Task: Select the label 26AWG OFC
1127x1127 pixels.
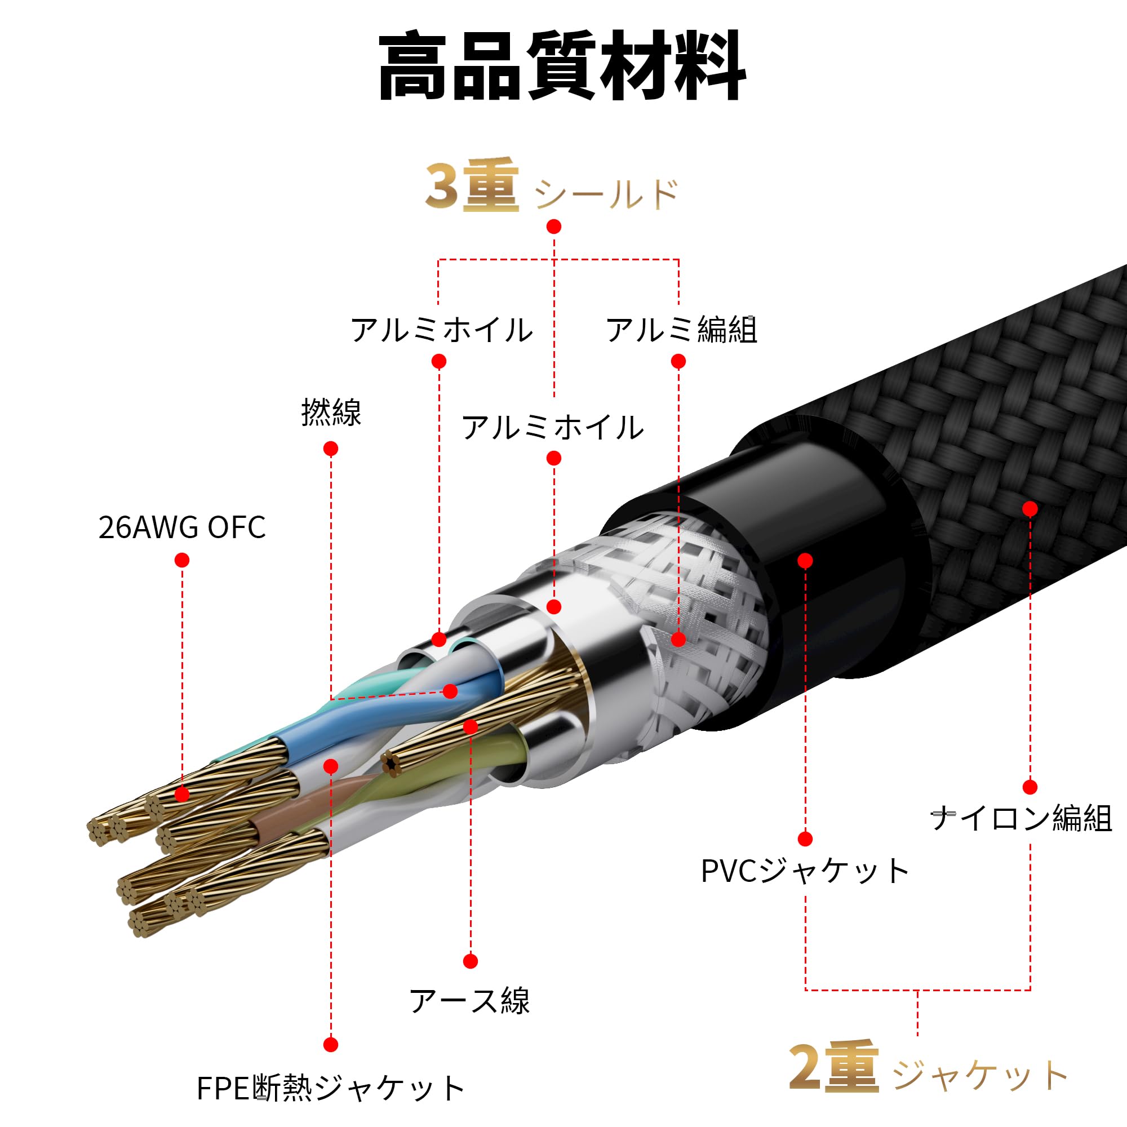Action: [x=182, y=527]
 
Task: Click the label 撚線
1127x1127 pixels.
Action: [x=331, y=412]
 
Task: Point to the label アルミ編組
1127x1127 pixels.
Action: [x=681, y=330]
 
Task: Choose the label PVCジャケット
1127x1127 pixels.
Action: [x=805, y=872]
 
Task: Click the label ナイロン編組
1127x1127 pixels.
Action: [x=1021, y=818]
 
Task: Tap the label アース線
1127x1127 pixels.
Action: [x=469, y=1001]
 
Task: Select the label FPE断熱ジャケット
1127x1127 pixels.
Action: [x=331, y=1089]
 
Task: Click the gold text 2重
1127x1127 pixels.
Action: [x=833, y=1067]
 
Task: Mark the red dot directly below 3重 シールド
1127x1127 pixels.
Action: [x=553, y=227]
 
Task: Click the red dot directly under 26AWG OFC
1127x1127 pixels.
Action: [x=182, y=560]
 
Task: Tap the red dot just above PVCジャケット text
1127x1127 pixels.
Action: [x=805, y=839]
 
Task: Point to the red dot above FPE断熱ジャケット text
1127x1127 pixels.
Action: [x=331, y=1044]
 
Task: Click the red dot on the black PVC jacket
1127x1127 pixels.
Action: [x=805, y=561]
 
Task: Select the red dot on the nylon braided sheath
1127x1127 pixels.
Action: [x=1030, y=509]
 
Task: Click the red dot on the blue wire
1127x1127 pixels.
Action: [x=450, y=691]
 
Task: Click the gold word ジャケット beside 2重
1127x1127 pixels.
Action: [x=980, y=1075]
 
